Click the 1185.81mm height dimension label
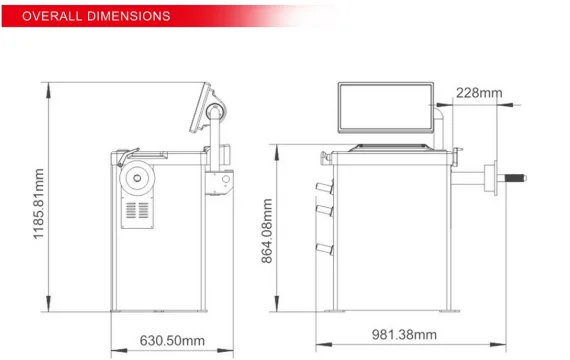coord(39,204)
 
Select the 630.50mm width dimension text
coord(172,341)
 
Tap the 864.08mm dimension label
coord(267,231)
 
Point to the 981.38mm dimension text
coord(404,335)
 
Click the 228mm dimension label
coord(479,93)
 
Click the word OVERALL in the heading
coord(52,16)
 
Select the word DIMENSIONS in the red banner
coord(129,16)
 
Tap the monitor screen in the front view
coord(386,108)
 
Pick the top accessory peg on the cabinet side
coord(324,188)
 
